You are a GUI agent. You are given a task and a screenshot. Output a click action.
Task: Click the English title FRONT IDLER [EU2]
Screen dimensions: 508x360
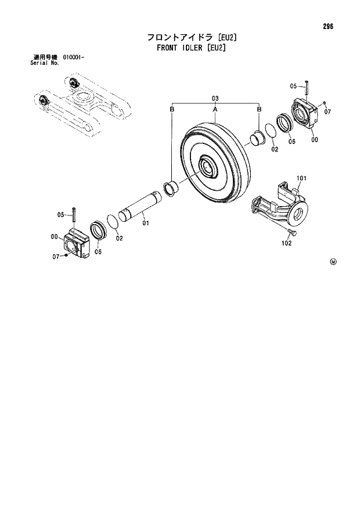coord(191,48)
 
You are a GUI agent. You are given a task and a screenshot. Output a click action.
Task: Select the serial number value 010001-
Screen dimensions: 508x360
coord(73,57)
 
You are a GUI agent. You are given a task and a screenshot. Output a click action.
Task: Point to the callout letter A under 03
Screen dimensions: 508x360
coord(215,109)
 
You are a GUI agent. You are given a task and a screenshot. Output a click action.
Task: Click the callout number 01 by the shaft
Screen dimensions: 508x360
coord(146,222)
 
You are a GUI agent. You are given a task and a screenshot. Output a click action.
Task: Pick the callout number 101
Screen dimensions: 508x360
coord(301,178)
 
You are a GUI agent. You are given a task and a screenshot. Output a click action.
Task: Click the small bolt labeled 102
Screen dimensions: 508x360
coord(291,233)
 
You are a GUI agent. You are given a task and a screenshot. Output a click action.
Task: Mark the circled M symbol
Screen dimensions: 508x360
coord(333,262)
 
